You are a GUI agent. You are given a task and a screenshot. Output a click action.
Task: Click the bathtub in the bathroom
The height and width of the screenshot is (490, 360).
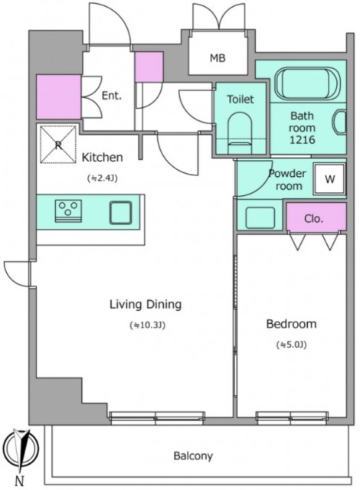(x=303, y=84)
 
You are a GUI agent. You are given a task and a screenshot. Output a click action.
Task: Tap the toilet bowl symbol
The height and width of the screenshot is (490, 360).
(x=240, y=132)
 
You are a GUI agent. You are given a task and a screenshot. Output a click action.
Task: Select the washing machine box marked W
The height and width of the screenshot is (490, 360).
(x=329, y=179)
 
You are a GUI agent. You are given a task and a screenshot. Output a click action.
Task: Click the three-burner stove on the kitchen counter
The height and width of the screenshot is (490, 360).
(x=68, y=211)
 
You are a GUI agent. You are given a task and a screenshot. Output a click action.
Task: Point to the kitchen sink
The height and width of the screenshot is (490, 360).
(x=120, y=213)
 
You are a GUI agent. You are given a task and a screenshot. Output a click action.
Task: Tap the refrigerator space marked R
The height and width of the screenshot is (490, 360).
(x=58, y=145)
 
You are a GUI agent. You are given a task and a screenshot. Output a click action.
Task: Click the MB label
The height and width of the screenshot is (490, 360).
(x=218, y=58)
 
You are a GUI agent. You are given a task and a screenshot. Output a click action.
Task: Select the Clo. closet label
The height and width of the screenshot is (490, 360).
(x=313, y=218)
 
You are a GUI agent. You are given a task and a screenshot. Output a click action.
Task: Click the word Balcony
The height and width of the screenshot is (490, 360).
(x=193, y=456)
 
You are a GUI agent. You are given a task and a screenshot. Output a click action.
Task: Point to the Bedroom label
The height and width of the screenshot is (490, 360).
(x=291, y=324)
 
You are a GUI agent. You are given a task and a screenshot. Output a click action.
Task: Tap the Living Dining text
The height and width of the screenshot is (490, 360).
(x=146, y=305)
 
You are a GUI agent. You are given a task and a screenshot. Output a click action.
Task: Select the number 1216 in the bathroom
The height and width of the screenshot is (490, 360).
(x=303, y=139)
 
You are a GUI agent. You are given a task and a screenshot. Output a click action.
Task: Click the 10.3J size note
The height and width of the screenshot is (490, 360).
(x=148, y=325)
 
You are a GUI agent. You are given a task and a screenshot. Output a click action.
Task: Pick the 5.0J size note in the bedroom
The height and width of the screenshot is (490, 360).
(x=291, y=345)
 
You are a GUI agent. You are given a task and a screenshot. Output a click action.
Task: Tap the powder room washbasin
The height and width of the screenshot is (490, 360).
(x=260, y=217)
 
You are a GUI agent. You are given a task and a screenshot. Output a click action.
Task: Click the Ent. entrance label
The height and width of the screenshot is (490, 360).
(x=112, y=95)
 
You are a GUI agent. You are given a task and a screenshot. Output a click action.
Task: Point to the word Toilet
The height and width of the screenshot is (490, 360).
(x=240, y=99)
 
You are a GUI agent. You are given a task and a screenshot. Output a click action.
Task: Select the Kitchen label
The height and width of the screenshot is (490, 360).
(x=102, y=157)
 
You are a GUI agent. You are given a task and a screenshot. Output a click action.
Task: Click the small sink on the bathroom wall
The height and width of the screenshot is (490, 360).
(x=340, y=122)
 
